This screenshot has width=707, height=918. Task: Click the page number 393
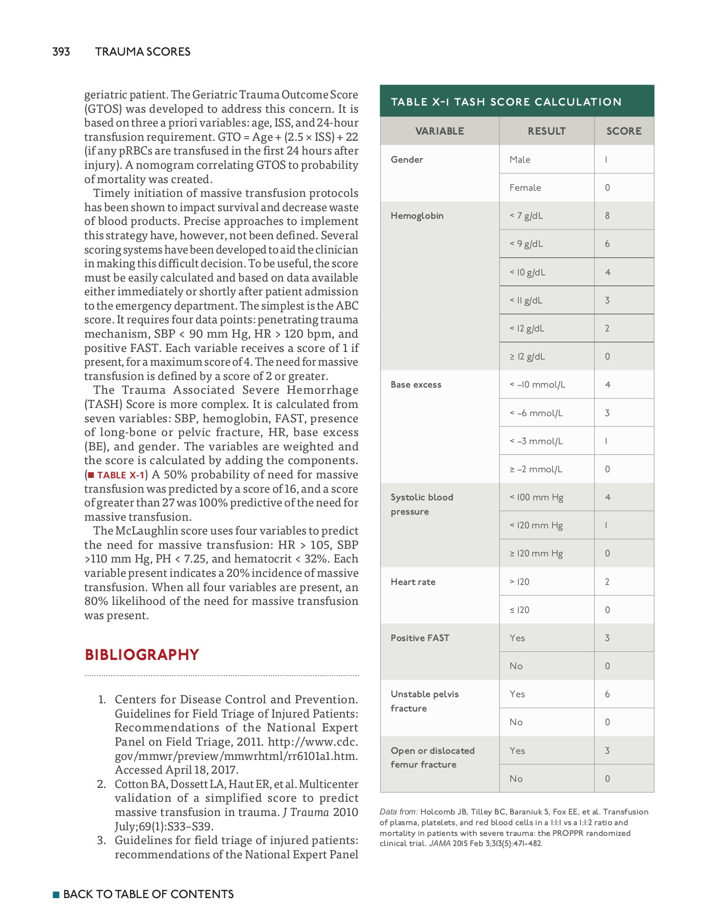(61, 52)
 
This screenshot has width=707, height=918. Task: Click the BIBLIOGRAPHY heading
(142, 654)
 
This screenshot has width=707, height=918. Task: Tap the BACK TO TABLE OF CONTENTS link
(148, 894)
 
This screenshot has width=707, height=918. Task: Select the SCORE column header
(623, 131)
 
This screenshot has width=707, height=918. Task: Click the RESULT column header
(546, 131)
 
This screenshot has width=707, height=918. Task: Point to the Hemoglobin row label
(417, 216)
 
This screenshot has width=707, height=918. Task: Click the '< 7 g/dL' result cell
(526, 216)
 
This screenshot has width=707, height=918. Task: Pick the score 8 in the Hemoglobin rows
(607, 216)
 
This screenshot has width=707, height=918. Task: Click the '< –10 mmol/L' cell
(537, 385)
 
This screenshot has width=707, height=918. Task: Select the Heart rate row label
(413, 582)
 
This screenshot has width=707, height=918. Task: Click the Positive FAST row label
(420, 638)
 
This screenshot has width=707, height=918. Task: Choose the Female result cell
(525, 188)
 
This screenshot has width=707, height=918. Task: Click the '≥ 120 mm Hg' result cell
(536, 553)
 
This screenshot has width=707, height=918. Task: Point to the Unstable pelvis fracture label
(424, 701)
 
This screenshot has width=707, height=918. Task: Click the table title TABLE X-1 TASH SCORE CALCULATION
(506, 101)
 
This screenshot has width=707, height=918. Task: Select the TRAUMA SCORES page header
(142, 52)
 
